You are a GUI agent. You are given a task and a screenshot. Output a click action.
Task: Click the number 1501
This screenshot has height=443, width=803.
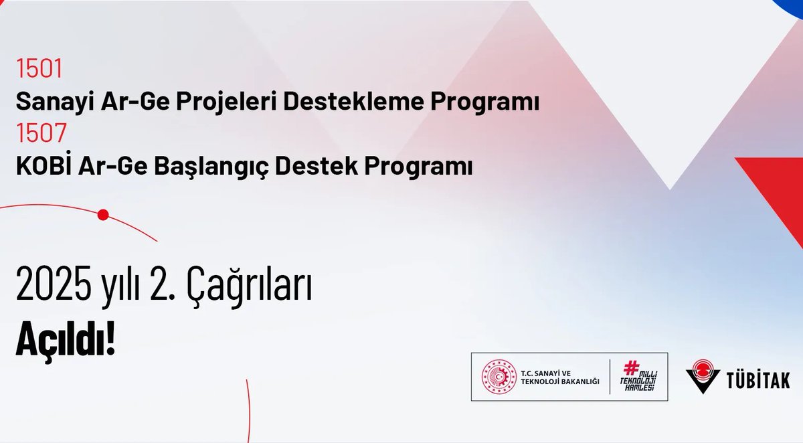pyautogui.click(x=39, y=69)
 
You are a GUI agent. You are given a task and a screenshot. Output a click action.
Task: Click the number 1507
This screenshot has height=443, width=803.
pyautogui.click(x=41, y=134)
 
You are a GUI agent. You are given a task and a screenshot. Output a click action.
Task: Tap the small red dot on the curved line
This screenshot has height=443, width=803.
pyautogui.click(x=102, y=215)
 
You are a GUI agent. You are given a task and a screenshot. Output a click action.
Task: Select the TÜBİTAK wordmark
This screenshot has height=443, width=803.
pyautogui.click(x=757, y=379)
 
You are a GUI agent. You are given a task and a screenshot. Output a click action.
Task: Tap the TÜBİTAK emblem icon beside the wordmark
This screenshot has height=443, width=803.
pyautogui.click(x=703, y=377)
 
